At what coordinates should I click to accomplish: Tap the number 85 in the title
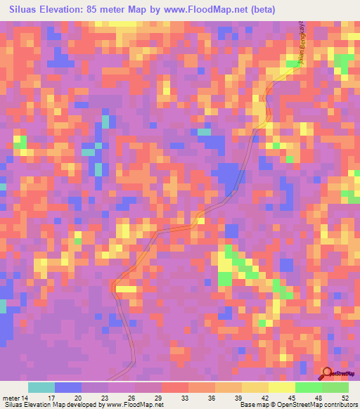click(x=91, y=9)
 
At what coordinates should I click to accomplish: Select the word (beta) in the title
click(x=260, y=9)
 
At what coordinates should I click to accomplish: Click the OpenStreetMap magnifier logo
click(x=328, y=375)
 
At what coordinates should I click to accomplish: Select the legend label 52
click(x=345, y=397)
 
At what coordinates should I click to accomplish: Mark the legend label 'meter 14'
click(x=15, y=397)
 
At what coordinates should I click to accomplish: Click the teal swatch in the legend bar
click(x=41, y=387)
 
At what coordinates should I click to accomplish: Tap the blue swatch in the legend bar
click(x=67, y=387)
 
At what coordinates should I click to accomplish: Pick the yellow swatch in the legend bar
click(x=281, y=387)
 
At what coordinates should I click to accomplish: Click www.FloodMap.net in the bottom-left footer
click(x=124, y=405)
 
